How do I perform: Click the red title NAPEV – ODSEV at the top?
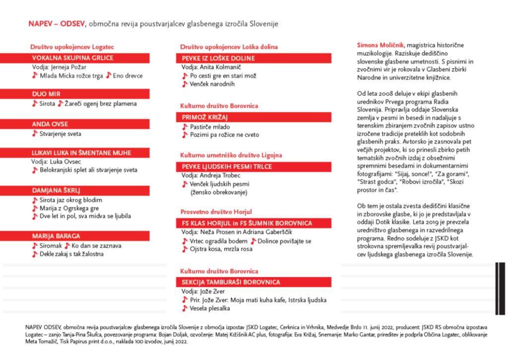coord(57,23)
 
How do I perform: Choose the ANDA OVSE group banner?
coord(50,124)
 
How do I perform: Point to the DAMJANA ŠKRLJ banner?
coord(56,190)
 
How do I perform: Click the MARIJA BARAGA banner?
coord(56,236)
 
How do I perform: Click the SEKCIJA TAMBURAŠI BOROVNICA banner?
coord(231,282)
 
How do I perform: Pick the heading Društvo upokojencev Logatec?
coord(72,47)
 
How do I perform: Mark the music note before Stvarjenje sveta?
coord(35,134)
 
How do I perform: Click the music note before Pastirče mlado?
coord(185,127)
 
